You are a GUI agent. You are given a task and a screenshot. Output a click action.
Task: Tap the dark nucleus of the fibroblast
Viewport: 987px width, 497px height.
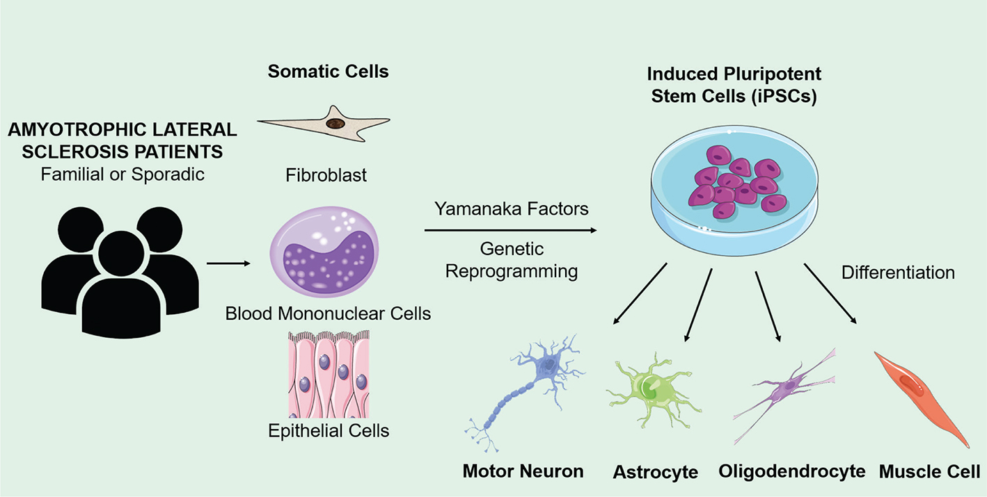[x=336, y=124]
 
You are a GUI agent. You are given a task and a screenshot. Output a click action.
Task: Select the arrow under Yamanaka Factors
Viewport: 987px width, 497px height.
[x=511, y=230]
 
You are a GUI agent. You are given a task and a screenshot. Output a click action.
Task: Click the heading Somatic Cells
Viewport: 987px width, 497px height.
[x=329, y=71]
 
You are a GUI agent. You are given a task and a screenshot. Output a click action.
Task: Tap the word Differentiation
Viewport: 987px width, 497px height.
[x=898, y=272]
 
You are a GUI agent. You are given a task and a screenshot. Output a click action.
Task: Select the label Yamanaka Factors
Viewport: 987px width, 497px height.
[x=512, y=209]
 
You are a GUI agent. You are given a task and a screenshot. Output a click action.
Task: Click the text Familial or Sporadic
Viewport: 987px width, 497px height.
[x=123, y=173]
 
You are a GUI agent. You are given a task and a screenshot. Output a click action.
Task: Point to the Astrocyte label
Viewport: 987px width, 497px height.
[x=655, y=473]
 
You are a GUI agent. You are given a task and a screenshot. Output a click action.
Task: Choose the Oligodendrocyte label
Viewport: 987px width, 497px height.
[x=792, y=471]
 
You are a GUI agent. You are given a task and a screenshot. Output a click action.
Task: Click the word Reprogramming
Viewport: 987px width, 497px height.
[x=512, y=270]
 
